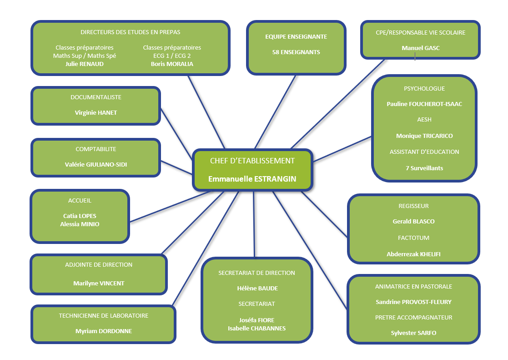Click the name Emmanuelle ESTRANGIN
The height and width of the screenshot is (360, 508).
[252, 179]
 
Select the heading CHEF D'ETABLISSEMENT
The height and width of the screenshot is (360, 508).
[252, 161]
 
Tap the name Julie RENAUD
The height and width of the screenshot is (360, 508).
[85, 64]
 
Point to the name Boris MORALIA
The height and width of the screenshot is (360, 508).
[172, 64]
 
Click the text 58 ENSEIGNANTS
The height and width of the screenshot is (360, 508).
[296, 52]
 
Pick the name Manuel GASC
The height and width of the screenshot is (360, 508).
[421, 48]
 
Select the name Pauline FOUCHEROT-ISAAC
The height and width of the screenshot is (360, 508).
[424, 104]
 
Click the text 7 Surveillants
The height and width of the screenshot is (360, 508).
[424, 168]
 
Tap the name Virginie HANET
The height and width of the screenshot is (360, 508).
[96, 112]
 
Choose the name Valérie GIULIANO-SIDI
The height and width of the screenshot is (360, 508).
[96, 164]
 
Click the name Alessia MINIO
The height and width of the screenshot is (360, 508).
[80, 224]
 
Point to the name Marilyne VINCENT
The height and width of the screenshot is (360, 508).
[99, 283]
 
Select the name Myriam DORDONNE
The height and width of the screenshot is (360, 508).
[104, 331]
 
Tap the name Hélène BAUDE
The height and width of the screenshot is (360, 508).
[257, 288]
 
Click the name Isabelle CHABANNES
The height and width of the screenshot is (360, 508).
[257, 328]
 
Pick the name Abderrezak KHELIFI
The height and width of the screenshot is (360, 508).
[413, 254]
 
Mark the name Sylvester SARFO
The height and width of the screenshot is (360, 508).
[413, 333]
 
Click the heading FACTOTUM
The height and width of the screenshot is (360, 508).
[413, 238]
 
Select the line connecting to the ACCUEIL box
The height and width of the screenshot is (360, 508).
[168, 206]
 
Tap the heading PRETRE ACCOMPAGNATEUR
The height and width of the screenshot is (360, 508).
[413, 317]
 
